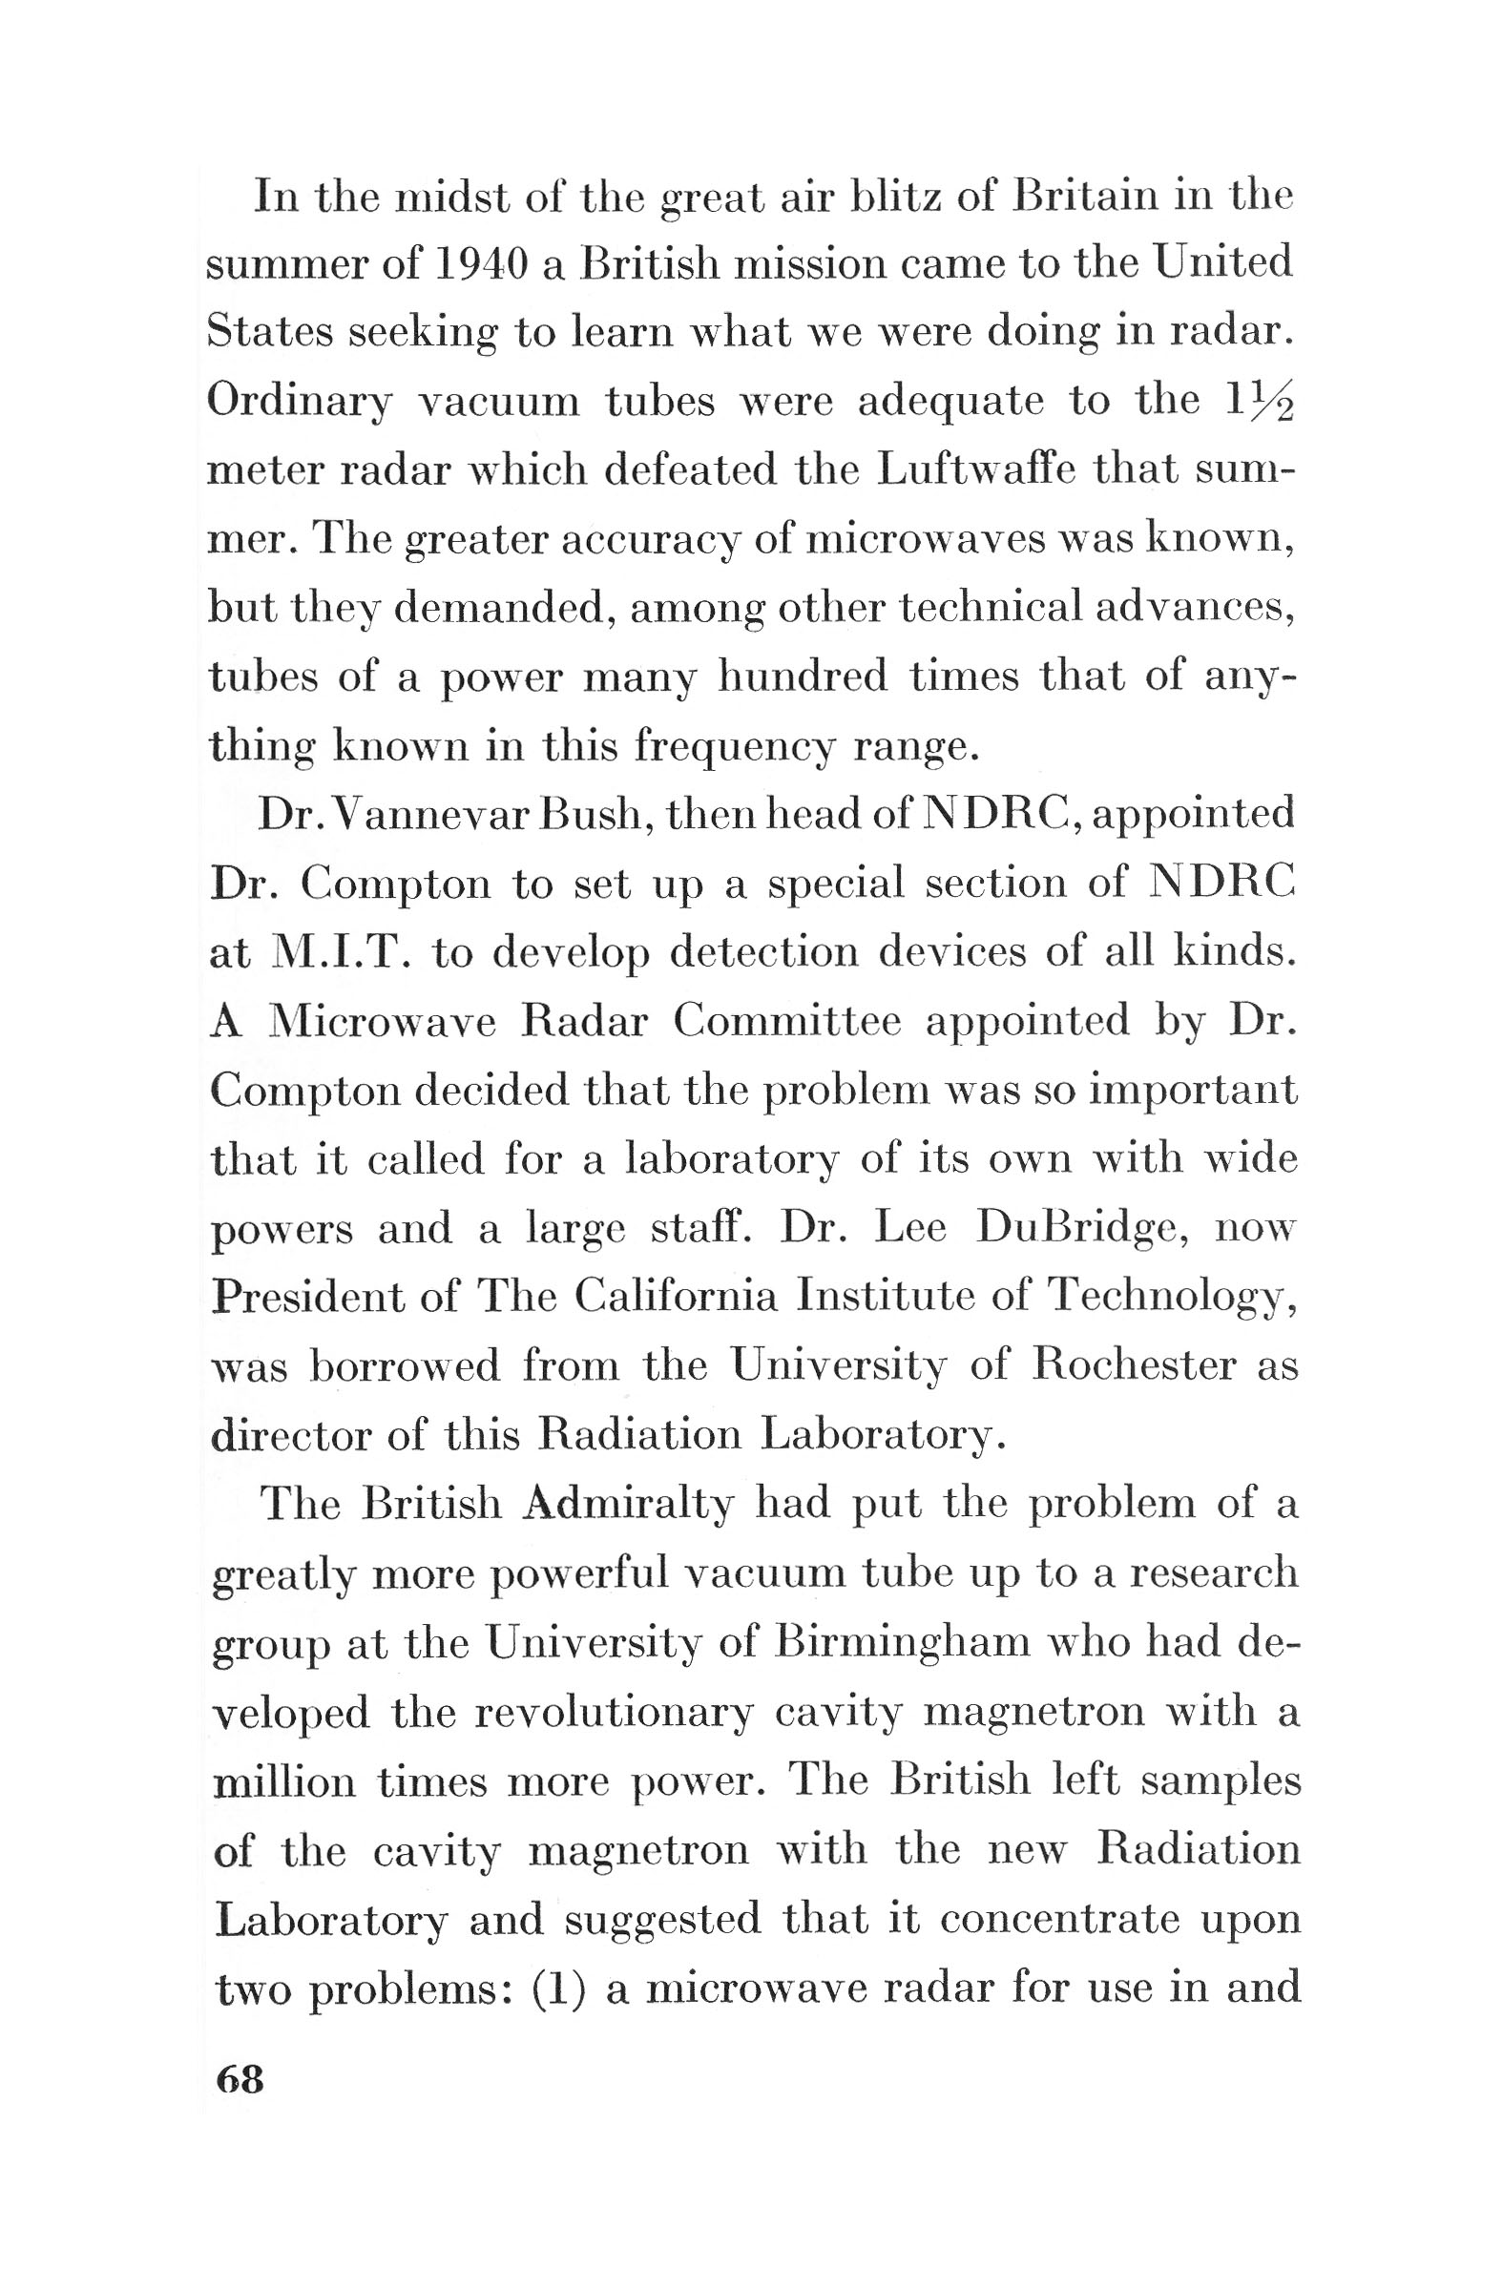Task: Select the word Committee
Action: click(786, 1021)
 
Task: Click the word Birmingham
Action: click(902, 1642)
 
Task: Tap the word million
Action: click(282, 1781)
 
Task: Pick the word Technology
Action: click(1172, 1299)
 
